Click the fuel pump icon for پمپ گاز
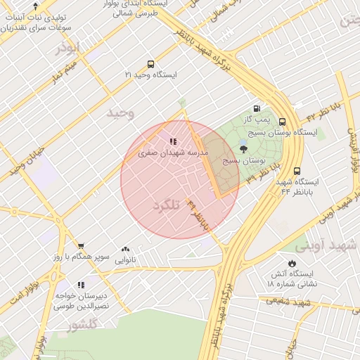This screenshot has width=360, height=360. [256, 108]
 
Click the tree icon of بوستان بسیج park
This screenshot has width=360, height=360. [243, 149]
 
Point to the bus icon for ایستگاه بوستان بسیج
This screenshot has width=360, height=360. [282, 122]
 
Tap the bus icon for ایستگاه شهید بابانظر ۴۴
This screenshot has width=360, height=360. [297, 171]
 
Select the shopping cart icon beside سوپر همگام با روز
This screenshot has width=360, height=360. [81, 246]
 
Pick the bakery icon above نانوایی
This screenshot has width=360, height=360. [126, 249]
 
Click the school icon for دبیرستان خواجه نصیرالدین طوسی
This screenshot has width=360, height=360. [81, 285]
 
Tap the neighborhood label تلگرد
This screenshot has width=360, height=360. [166, 204]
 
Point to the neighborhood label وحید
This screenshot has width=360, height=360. [120, 112]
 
